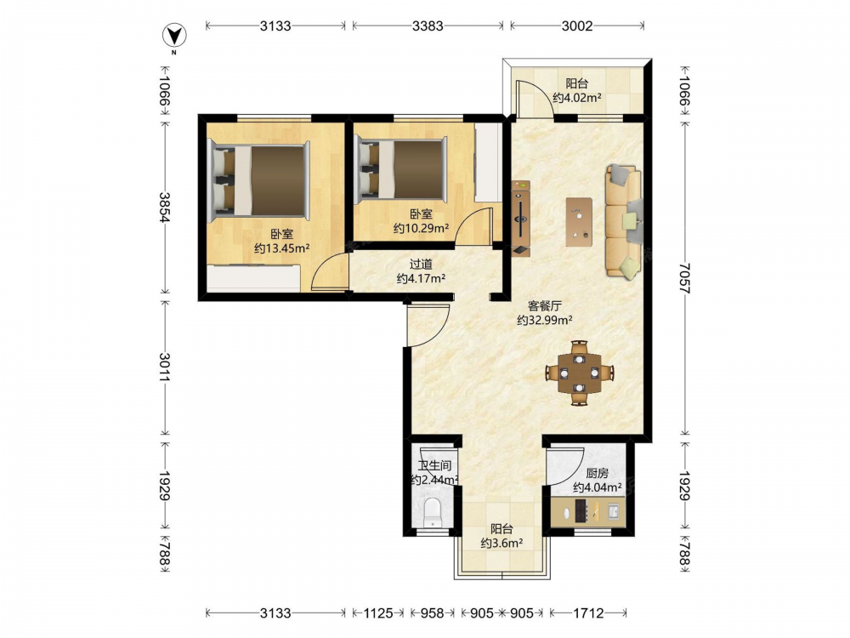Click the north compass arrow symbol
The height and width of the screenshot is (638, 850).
click(x=174, y=36)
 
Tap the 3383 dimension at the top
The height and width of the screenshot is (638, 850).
click(x=428, y=26)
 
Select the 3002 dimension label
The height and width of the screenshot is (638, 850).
click(x=577, y=26)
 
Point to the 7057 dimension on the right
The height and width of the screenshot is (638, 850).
click(x=684, y=278)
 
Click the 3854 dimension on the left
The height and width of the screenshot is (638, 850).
click(x=165, y=207)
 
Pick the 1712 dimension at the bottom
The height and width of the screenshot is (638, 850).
click(x=588, y=613)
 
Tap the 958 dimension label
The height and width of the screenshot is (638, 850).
click(x=432, y=613)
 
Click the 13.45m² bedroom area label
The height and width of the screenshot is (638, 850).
click(x=282, y=248)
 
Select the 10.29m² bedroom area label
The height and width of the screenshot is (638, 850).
click(x=422, y=228)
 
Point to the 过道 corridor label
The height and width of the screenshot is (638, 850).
click(x=422, y=265)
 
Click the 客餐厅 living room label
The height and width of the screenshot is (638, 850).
click(x=544, y=306)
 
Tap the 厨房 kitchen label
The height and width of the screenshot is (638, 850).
click(x=597, y=473)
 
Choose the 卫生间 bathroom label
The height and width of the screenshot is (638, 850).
click(x=434, y=465)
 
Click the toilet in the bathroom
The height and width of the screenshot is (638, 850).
click(x=433, y=512)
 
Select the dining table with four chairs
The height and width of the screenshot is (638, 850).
click(x=580, y=373)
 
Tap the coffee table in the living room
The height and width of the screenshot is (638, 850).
click(x=579, y=222)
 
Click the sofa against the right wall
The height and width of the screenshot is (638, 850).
click(x=624, y=222)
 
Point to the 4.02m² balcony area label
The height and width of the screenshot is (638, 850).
click(x=577, y=98)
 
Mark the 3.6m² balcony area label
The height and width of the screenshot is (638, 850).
click(x=501, y=543)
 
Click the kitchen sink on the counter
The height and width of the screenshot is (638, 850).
click(x=614, y=511)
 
